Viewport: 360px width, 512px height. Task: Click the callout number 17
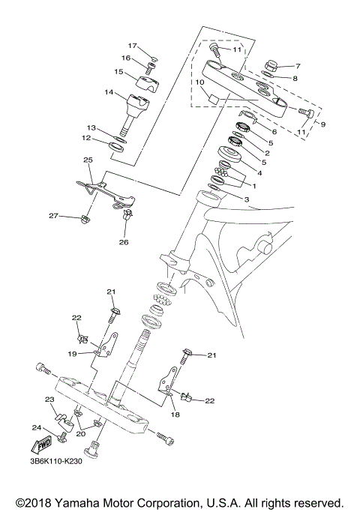point(131,46)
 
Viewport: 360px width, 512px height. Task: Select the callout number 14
point(109,93)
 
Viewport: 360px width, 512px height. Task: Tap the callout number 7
point(297,66)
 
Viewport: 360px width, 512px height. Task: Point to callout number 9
point(324,124)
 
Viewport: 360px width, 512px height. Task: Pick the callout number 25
point(88,160)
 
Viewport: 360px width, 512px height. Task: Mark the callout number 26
point(124,242)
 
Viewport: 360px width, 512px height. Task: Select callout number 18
point(176,414)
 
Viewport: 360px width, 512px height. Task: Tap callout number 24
point(35,428)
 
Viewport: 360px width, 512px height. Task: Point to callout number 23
point(49,400)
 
